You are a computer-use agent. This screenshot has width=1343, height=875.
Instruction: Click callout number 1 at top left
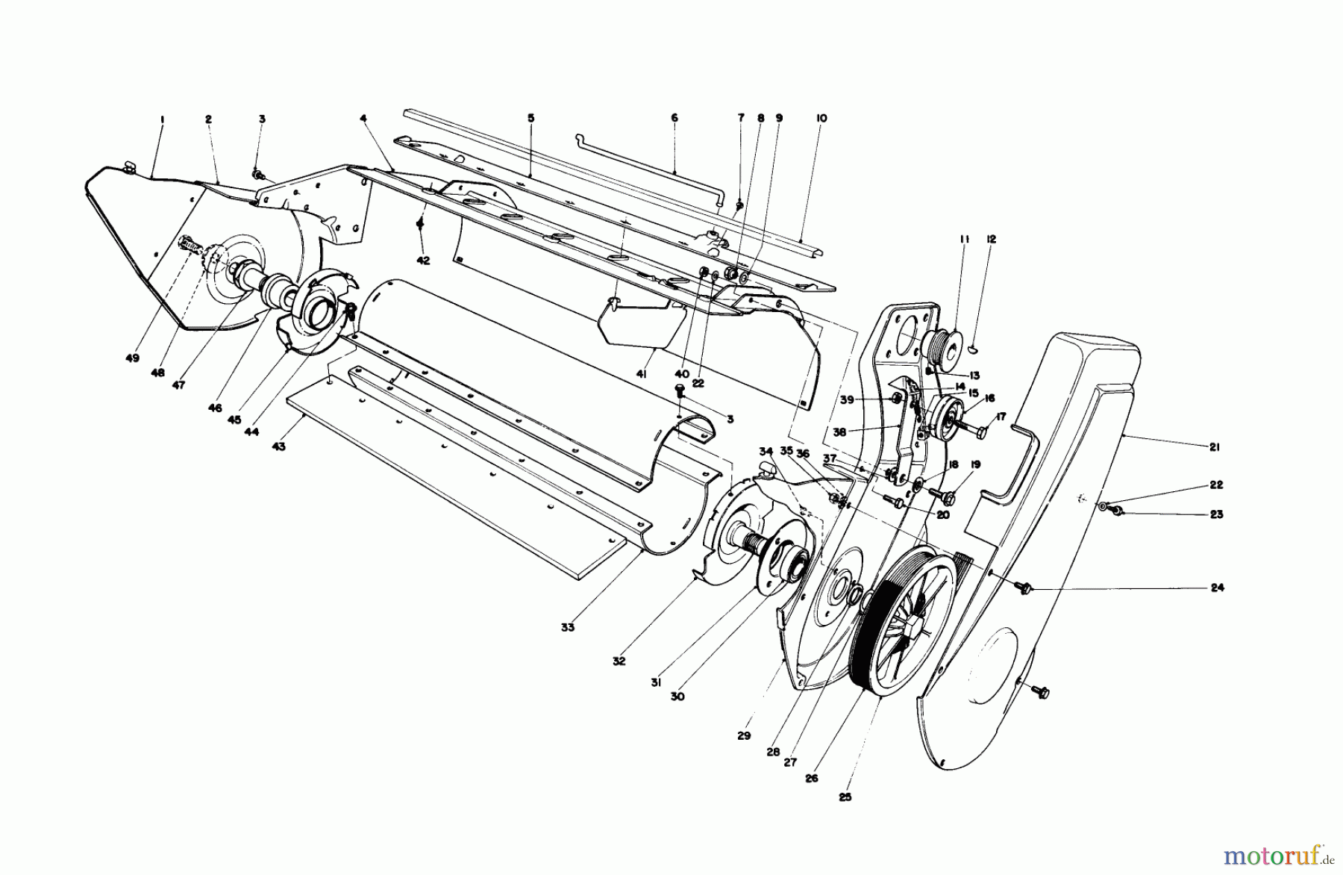point(161,119)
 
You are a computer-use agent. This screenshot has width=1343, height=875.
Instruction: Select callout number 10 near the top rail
point(821,119)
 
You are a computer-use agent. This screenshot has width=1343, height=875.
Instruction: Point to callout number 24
point(1217,588)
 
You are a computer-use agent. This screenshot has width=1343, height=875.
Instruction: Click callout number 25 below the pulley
point(845,797)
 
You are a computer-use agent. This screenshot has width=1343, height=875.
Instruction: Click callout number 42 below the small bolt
point(423,261)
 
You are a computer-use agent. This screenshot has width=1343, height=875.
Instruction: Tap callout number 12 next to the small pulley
point(991,240)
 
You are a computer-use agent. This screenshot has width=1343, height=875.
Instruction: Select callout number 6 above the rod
point(674,119)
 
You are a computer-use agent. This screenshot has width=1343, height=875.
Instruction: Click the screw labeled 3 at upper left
point(257,175)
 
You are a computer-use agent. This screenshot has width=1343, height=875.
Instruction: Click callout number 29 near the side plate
point(743,736)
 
